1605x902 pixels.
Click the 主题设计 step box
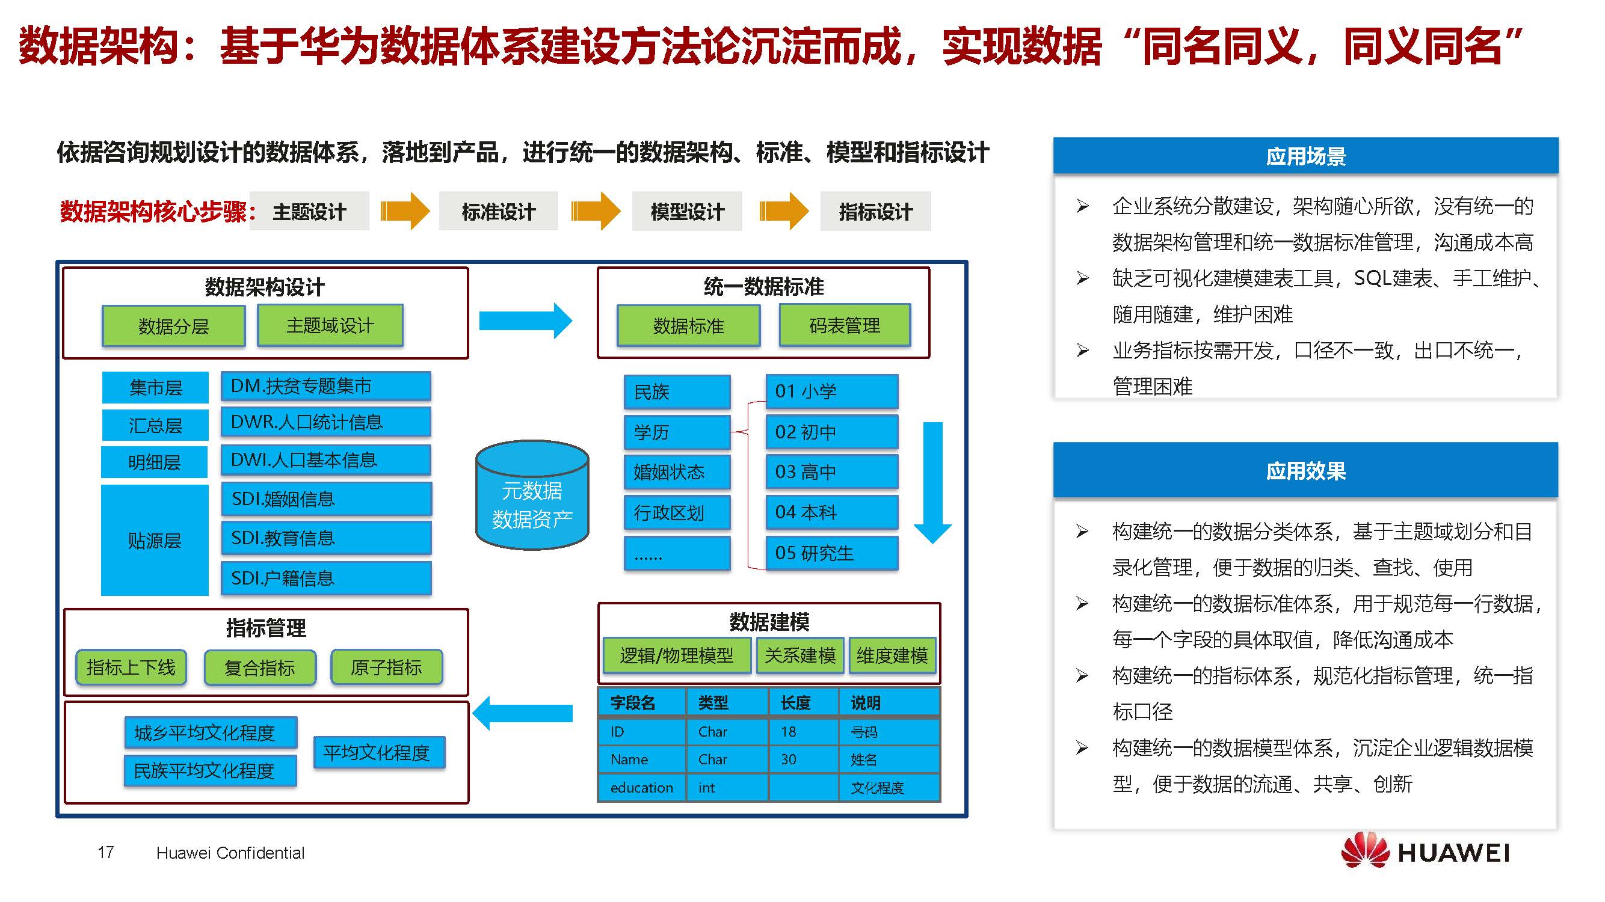pyautogui.click(x=309, y=212)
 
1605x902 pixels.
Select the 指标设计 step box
pyautogui.click(x=875, y=212)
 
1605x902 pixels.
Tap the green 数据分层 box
pyautogui.click(x=173, y=326)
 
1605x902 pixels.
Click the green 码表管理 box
pyautogui.click(x=844, y=325)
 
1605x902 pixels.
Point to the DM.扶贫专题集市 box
pyautogui.click(x=325, y=386)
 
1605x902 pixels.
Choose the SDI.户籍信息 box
pyautogui.click(x=325, y=578)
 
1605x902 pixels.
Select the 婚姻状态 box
pyautogui.click(x=677, y=471)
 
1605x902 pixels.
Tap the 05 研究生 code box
pyautogui.click(x=831, y=553)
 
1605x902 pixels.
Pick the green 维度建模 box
pyautogui.click(x=892, y=655)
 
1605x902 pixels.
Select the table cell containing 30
pyautogui.click(x=802, y=759)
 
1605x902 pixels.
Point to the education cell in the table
pyautogui.click(x=642, y=787)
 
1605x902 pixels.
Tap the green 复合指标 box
pyautogui.click(x=260, y=667)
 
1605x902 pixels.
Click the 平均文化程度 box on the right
pyautogui.click(x=379, y=752)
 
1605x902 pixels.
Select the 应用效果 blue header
pyautogui.click(x=1305, y=470)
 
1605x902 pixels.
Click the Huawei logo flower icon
pyautogui.click(x=1364, y=851)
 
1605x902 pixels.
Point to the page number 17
pyautogui.click(x=106, y=852)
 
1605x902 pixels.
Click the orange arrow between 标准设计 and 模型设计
pyautogui.click(x=595, y=211)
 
